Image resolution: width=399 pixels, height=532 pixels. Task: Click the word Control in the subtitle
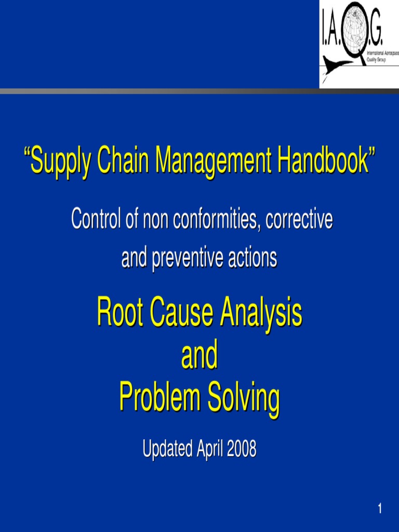(97, 219)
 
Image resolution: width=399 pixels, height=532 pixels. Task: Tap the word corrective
(299, 219)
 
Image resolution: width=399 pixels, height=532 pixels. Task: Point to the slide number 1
(380, 509)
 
